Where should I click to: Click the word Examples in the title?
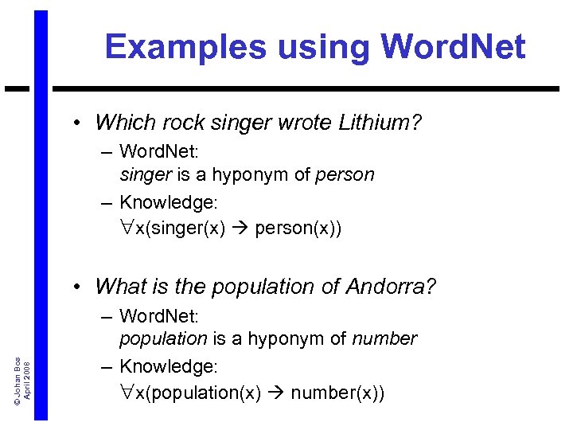pyautogui.click(x=186, y=48)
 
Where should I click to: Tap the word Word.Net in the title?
pyautogui.click(x=453, y=48)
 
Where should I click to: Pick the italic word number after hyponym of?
pyautogui.click(x=384, y=338)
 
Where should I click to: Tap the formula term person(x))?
pyautogui.click(x=298, y=229)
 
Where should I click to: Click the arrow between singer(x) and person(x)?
pyautogui.click(x=241, y=229)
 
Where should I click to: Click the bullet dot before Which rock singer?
pyautogui.click(x=79, y=123)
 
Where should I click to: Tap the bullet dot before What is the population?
pyautogui.click(x=79, y=286)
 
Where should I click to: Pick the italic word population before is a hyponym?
pyautogui.click(x=163, y=338)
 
